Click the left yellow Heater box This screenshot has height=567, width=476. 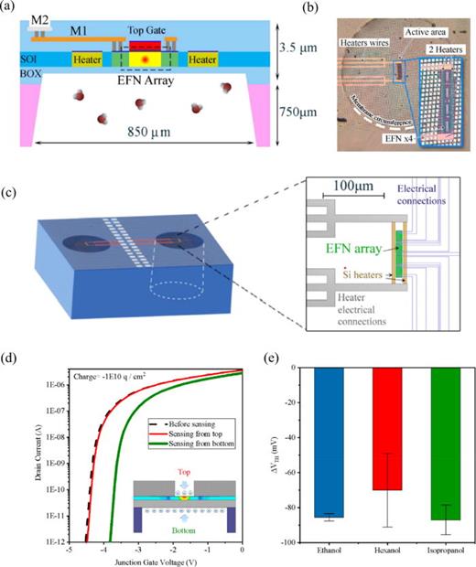tap(86, 59)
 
